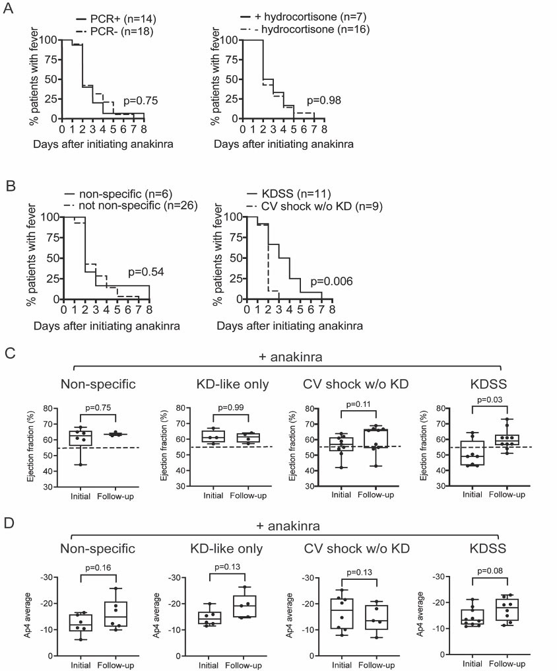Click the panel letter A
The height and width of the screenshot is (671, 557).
coord(9,11)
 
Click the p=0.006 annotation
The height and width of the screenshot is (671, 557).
coord(333,281)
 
